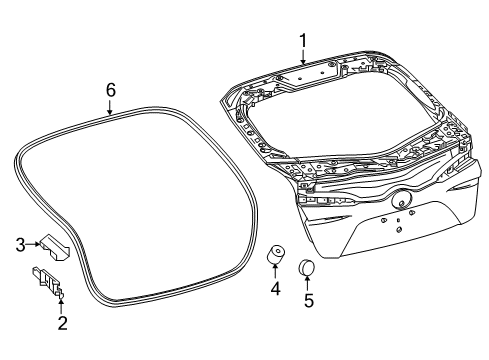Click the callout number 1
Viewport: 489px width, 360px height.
[303, 41]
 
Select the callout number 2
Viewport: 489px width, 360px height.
[62, 323]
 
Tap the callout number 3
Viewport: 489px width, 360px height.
[21, 245]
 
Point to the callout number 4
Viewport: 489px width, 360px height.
[275, 288]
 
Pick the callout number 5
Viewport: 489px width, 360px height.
[309, 300]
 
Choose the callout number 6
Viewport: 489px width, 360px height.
[110, 90]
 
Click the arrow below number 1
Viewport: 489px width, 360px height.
[303, 57]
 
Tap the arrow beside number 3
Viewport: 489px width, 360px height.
[33, 244]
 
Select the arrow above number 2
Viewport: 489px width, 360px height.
[61, 307]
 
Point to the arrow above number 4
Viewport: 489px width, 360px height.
[275, 271]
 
